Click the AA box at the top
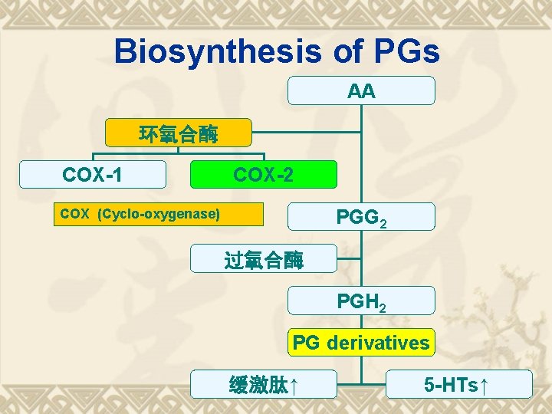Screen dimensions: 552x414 [x=361, y=91]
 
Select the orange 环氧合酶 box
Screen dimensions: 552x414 [x=178, y=135]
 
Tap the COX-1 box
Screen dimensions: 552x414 [x=93, y=175]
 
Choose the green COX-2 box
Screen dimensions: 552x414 [x=263, y=175]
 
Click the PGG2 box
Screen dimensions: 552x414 [x=361, y=218]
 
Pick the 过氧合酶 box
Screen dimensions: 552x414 [x=264, y=260]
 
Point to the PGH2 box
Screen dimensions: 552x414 [x=361, y=302]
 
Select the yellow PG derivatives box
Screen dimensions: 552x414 [x=361, y=343]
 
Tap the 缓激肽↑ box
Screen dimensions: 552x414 [x=263, y=385]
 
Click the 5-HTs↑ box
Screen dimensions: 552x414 [x=458, y=385]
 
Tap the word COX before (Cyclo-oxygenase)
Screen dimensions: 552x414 [x=74, y=214]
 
